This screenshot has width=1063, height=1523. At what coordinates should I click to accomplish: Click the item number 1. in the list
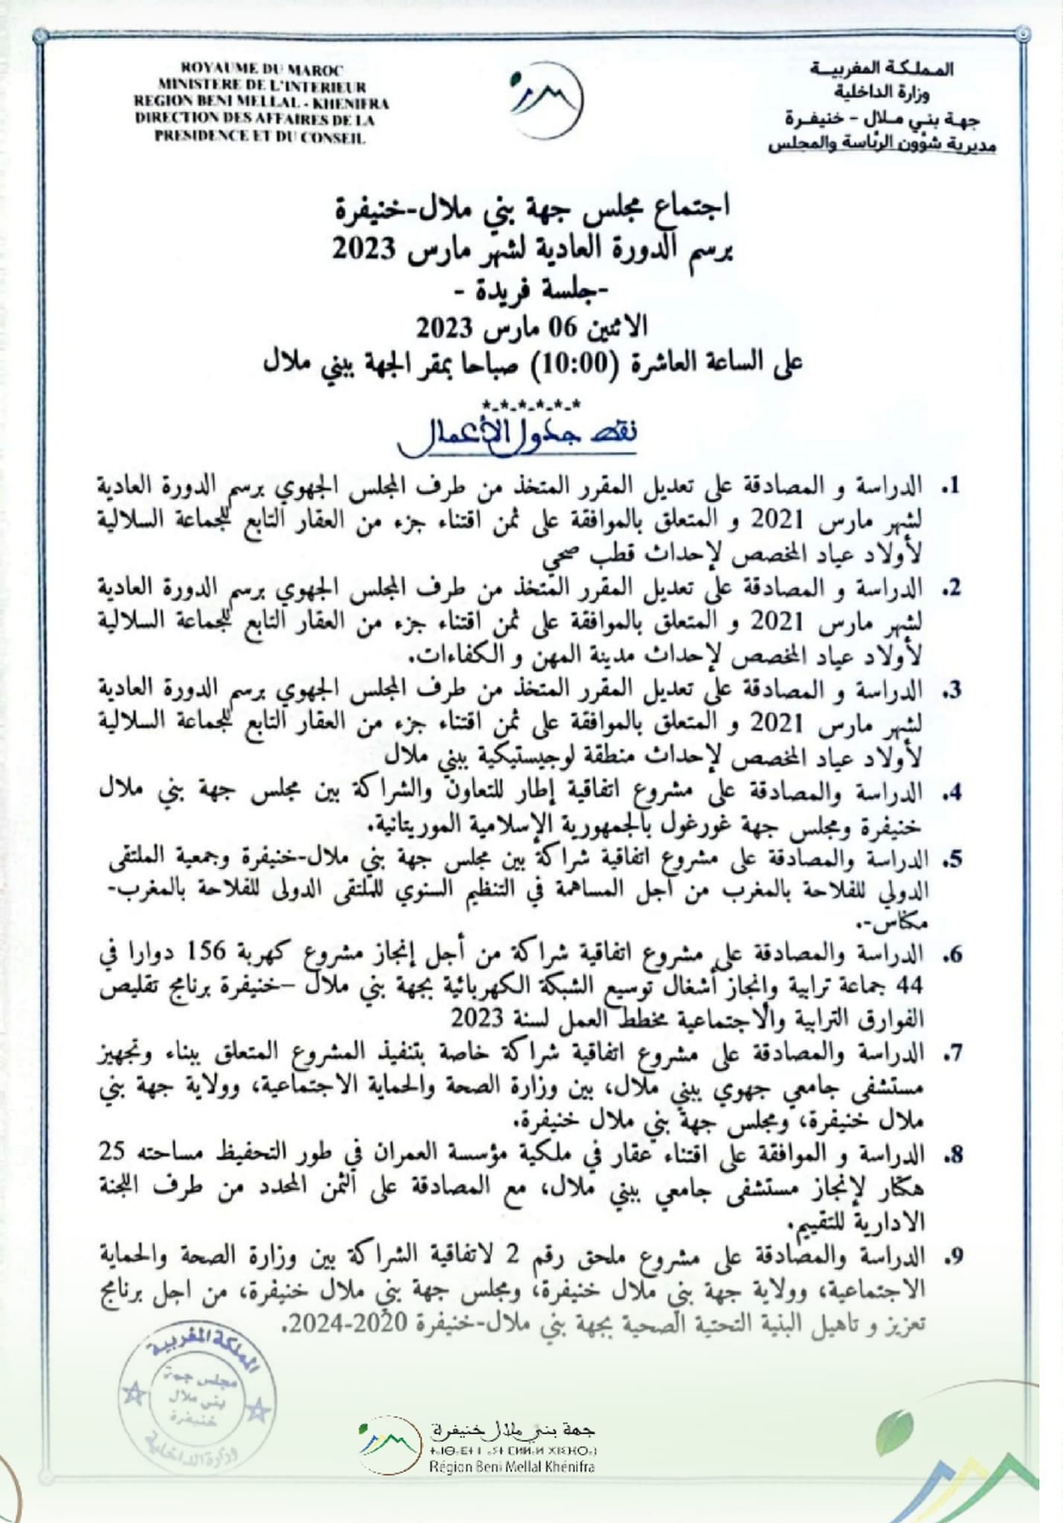pyautogui.click(x=950, y=487)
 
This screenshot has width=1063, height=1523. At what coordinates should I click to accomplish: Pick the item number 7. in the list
pyautogui.click(x=950, y=1052)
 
